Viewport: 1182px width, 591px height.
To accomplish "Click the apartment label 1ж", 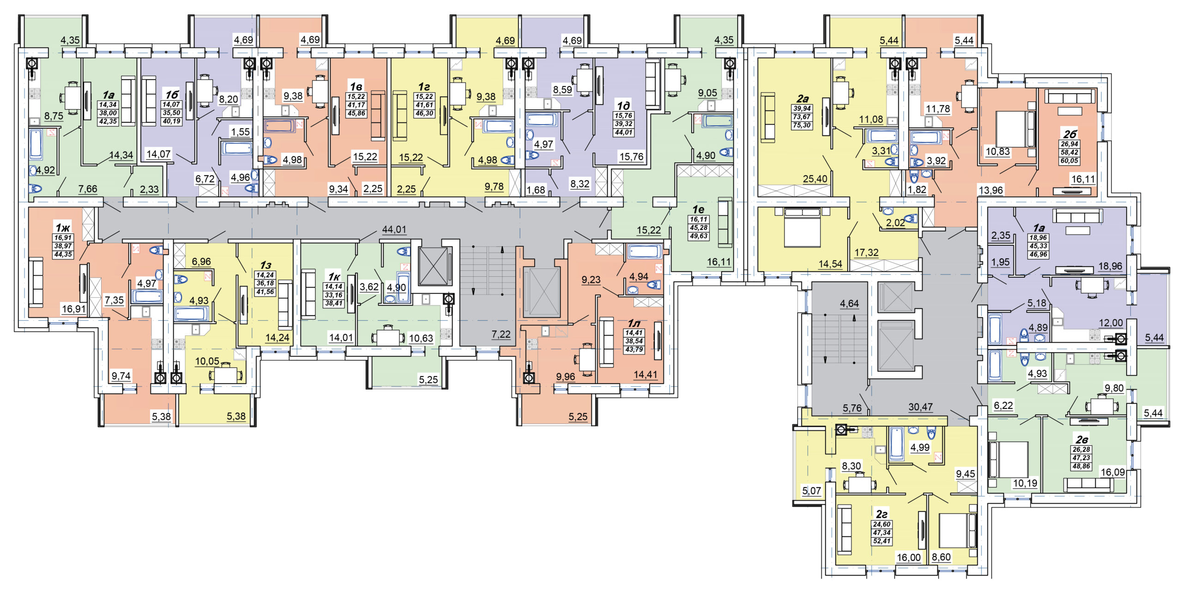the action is pos(63,227).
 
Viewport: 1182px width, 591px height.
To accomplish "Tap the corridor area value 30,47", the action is pos(920,407).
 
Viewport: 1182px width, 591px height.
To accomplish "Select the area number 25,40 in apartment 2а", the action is pos(815,178).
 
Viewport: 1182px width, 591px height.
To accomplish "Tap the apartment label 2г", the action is pos(881,514).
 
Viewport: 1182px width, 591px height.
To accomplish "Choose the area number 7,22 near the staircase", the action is pos(501,334).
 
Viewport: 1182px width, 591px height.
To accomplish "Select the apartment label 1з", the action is pos(265,265).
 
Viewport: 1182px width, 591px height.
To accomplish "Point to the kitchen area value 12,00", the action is pos(1110,323).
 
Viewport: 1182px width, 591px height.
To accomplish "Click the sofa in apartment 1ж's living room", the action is pos(36,282).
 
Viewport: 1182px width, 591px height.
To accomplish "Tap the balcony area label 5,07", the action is pos(811,490).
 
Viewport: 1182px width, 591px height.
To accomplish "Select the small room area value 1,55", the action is pos(240,132).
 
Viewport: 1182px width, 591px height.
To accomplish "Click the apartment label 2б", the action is pos(1069,134).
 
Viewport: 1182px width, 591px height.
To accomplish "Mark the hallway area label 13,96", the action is pos(991,189).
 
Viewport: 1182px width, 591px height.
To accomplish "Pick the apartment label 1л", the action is pos(633,323).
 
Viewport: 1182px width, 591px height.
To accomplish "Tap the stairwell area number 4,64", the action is pos(849,303).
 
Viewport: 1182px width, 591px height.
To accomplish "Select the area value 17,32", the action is pos(866,252).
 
